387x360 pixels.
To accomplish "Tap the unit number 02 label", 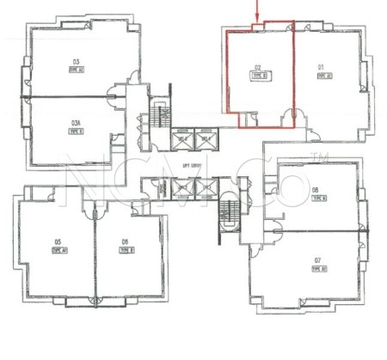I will (x=257, y=67).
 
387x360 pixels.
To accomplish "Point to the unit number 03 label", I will (x=76, y=62).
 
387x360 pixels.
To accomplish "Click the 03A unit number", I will (x=76, y=125).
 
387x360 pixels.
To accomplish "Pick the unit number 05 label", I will (x=58, y=241).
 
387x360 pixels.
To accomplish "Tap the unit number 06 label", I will (x=126, y=241).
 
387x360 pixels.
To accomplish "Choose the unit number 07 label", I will (x=317, y=259).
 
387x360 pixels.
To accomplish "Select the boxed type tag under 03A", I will (x=76, y=134).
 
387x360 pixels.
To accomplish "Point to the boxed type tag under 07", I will (x=317, y=269).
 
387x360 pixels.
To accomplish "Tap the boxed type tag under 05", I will (x=58, y=250).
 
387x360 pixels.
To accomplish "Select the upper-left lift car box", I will (x=182, y=137).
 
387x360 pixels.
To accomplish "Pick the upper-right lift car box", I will (x=206, y=137).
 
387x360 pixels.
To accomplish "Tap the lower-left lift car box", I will (x=182, y=187).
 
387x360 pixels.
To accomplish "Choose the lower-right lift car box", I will (x=206, y=187).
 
